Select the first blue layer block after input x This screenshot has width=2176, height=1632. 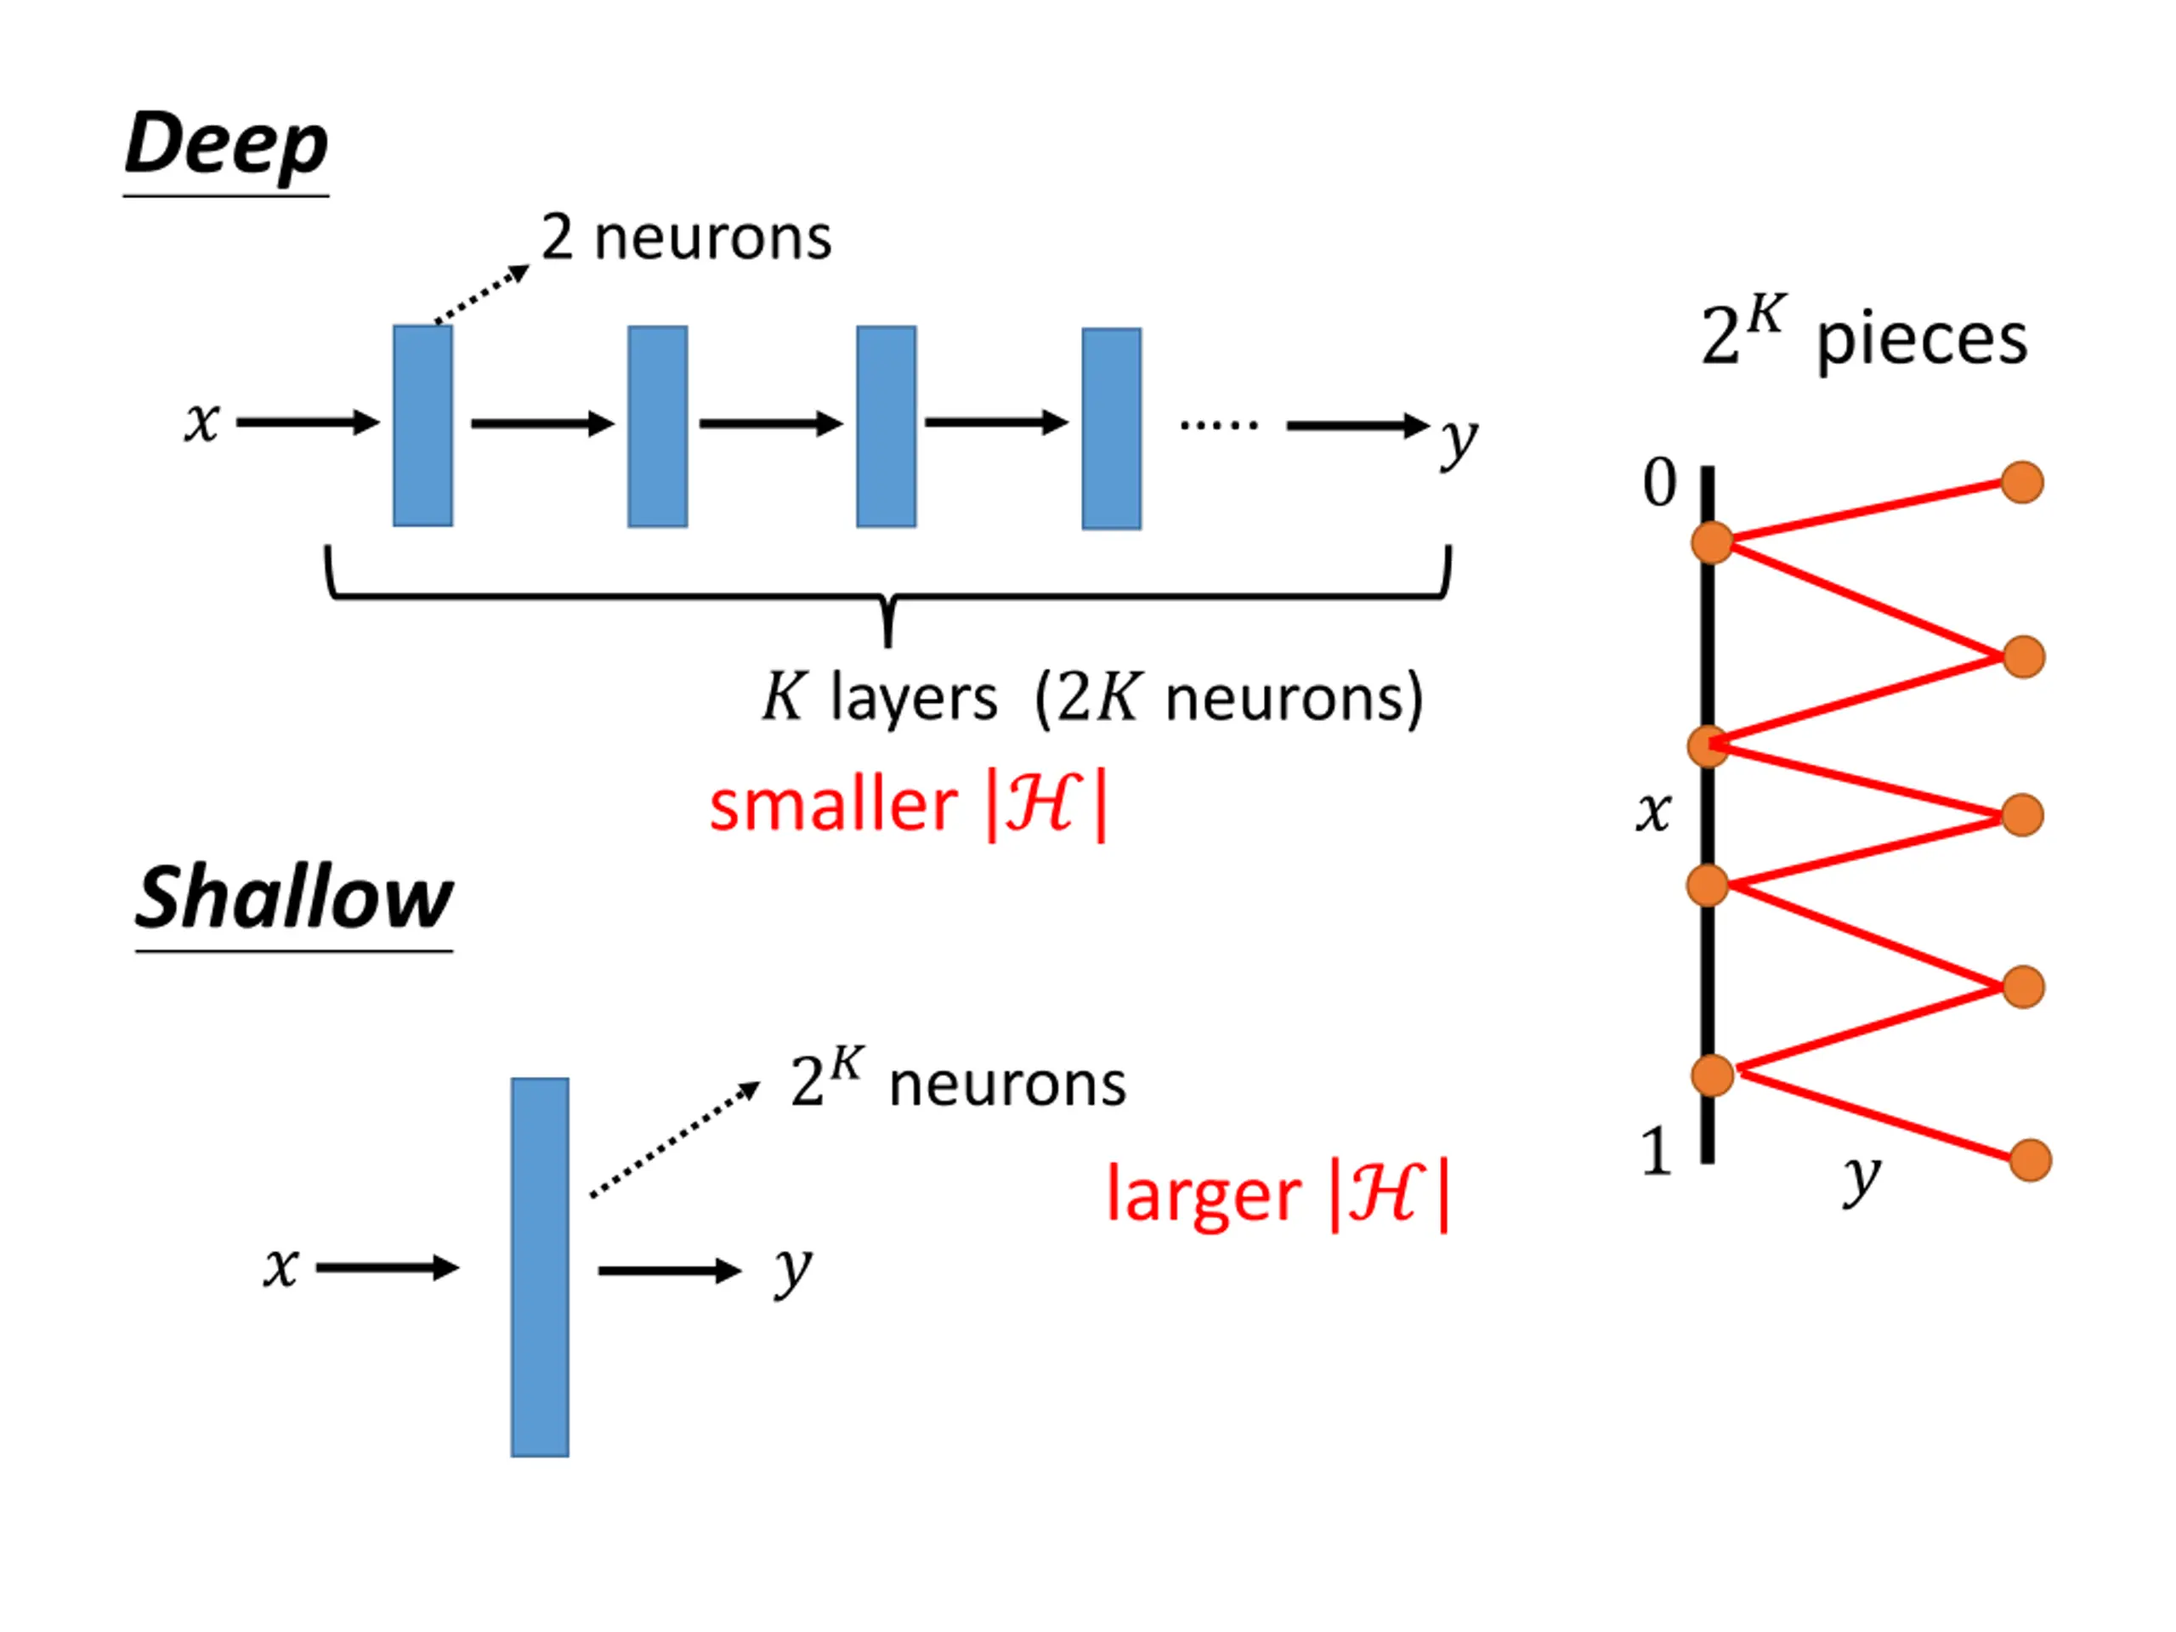coord(423,425)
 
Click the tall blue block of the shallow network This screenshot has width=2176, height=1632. coord(540,1267)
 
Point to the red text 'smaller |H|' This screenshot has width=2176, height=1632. coord(908,806)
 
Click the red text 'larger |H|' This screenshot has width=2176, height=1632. coord(1278,1195)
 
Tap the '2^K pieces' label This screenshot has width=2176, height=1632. coord(1864,333)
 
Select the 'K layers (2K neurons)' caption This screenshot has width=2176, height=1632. coord(1093,699)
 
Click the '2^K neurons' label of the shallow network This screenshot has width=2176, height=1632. coord(958,1080)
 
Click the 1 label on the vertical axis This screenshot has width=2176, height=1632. coord(1657,1152)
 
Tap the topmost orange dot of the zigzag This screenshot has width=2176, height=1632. coord(2022,482)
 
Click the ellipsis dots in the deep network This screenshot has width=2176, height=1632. coord(1219,425)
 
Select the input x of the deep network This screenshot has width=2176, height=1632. coord(201,423)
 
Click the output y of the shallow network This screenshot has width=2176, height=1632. coord(793,1270)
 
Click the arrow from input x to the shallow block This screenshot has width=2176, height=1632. coord(388,1268)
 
